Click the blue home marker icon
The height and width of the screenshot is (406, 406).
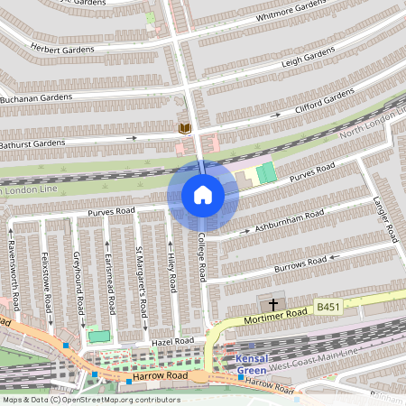[x=203, y=195]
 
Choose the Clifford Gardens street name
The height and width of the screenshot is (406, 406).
[x=326, y=104]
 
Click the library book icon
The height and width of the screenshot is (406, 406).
[x=185, y=129]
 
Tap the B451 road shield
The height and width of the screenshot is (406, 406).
[x=328, y=308]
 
